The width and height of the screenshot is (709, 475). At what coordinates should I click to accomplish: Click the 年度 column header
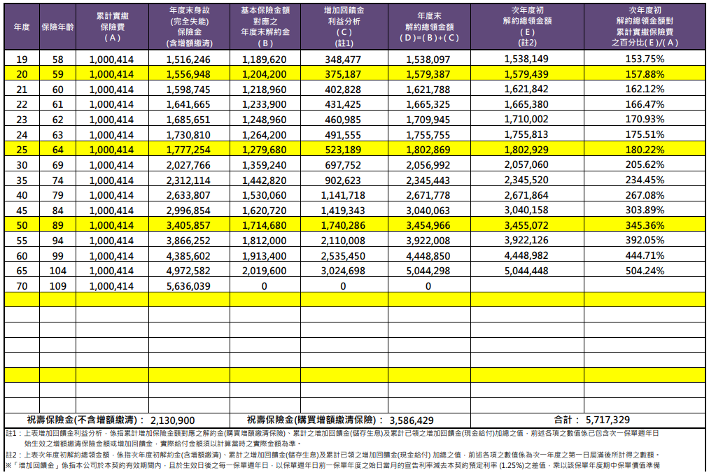[22, 27]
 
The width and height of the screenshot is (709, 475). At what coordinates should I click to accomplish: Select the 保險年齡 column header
[57, 27]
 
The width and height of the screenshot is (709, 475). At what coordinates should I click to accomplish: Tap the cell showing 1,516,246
[188, 59]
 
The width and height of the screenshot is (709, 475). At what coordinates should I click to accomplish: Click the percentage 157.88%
[645, 74]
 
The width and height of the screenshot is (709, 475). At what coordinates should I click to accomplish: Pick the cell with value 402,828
[343, 90]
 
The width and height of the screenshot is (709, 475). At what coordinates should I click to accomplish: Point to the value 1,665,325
[428, 104]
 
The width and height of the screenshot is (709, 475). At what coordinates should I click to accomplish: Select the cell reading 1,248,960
[264, 120]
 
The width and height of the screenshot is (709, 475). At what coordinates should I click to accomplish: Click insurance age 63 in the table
[57, 135]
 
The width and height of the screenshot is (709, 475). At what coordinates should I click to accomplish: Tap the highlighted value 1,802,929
[526, 150]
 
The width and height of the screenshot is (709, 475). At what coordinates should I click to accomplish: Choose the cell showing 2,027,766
[188, 165]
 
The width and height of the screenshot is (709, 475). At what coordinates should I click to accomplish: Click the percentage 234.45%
[645, 180]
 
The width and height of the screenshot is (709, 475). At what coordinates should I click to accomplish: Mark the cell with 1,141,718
[343, 195]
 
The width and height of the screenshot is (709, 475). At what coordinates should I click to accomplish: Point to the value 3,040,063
[428, 211]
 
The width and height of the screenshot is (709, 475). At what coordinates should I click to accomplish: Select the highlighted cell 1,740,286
[343, 225]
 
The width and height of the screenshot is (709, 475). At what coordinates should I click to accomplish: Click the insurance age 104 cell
[57, 271]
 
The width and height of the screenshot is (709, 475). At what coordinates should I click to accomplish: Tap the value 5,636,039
[188, 286]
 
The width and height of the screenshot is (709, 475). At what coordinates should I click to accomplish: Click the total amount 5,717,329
[608, 420]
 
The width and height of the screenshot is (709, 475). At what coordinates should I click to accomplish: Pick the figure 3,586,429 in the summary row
[412, 420]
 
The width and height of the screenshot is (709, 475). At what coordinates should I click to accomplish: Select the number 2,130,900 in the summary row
[172, 420]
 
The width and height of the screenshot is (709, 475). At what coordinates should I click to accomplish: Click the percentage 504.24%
[645, 271]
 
